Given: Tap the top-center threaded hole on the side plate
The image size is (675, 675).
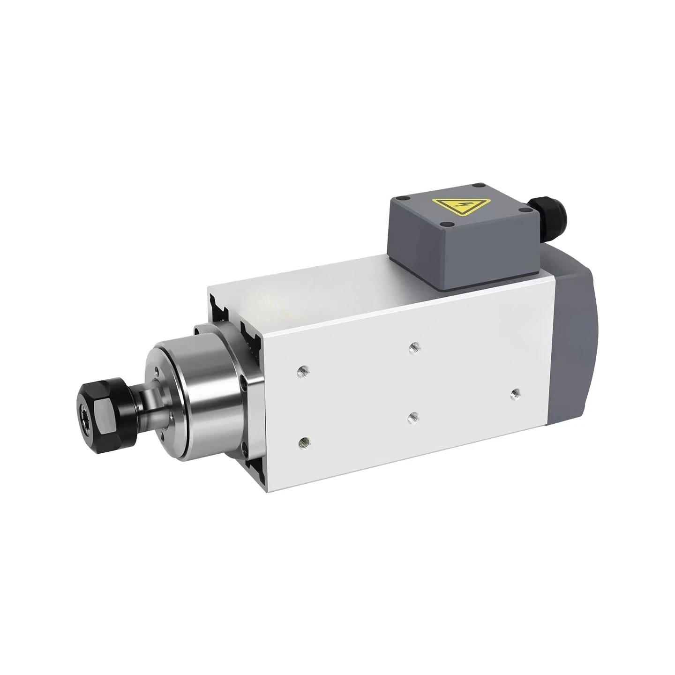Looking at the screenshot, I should pyautogui.click(x=413, y=347).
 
